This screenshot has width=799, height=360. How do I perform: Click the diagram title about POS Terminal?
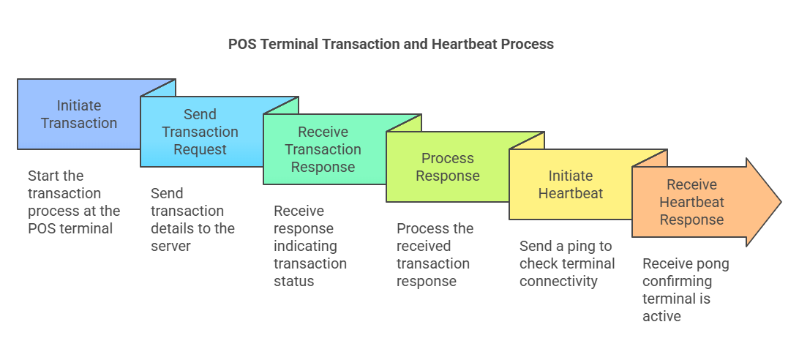391,45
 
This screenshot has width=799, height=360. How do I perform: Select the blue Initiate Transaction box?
79,114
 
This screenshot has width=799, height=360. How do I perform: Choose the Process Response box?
447,167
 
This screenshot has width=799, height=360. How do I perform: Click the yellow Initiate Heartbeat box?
570,184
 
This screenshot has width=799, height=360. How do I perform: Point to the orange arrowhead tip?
781,202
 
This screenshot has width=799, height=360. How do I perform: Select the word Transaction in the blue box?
79,124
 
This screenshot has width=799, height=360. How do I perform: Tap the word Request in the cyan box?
200,150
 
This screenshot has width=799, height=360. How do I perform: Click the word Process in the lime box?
448,158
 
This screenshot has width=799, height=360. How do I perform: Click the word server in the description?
170,247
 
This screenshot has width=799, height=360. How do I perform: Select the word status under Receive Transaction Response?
294,282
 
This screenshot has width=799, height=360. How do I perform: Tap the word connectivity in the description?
558,282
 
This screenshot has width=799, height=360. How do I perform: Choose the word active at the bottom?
662,317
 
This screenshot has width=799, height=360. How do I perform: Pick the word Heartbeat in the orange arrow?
691,203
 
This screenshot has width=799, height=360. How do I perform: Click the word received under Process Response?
424,247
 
